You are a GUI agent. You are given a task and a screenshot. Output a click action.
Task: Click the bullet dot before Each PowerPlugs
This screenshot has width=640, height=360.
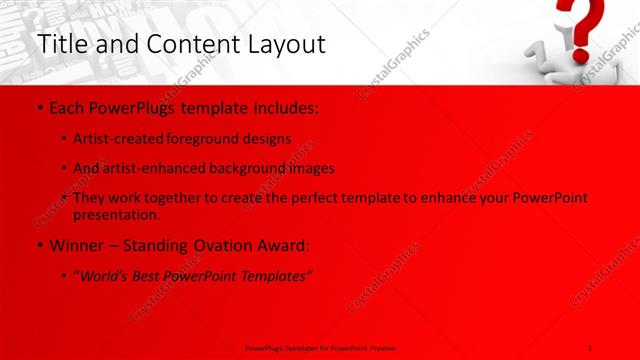[38, 107]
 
